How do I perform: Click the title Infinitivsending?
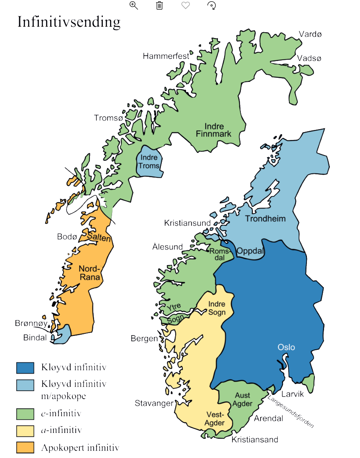[69, 22]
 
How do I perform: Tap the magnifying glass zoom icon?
[134, 5]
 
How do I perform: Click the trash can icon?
[159, 5]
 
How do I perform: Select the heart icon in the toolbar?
[186, 5]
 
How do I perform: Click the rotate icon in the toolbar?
[212, 5]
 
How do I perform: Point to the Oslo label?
[286, 347]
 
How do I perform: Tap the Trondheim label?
[265, 219]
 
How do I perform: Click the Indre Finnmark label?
[214, 130]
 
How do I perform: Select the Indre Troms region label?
[149, 162]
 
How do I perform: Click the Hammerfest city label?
[166, 56]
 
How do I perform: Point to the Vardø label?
[310, 34]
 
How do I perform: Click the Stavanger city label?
[154, 403]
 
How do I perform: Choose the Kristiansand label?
[255, 439]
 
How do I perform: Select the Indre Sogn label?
[217, 308]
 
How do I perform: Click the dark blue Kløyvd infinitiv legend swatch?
[25, 368]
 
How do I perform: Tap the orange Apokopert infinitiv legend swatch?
[25, 448]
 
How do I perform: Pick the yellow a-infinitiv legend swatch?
[25, 430]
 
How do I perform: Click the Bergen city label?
[144, 338]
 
